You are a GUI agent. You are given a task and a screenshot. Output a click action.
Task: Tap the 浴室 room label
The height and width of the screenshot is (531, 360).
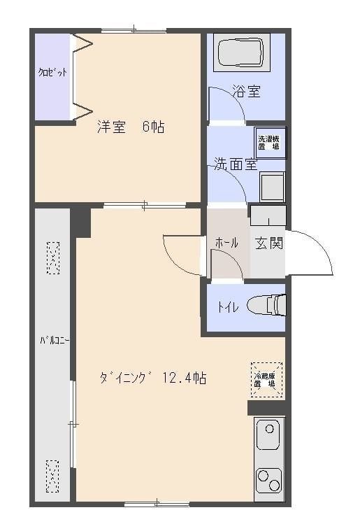[x=246, y=91]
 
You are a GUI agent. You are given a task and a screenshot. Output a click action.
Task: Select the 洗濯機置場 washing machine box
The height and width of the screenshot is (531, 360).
[x=270, y=142]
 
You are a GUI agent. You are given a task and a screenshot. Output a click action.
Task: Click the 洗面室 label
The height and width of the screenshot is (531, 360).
[x=236, y=165]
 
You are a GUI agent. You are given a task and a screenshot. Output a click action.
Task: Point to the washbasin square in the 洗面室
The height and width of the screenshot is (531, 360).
[x=271, y=187]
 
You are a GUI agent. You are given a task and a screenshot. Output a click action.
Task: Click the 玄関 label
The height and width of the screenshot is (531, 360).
[x=268, y=243]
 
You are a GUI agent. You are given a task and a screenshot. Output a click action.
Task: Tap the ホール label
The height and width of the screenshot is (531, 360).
[x=226, y=243]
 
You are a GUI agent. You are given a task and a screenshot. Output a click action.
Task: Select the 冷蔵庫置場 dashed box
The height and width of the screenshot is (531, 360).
[x=267, y=379]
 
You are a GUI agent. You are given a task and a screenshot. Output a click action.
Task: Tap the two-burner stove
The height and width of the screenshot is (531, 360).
[x=268, y=481]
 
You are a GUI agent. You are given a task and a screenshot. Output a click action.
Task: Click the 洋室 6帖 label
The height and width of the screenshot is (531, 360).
[x=131, y=127]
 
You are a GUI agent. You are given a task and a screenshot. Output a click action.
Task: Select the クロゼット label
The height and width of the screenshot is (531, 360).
[x=52, y=73]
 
